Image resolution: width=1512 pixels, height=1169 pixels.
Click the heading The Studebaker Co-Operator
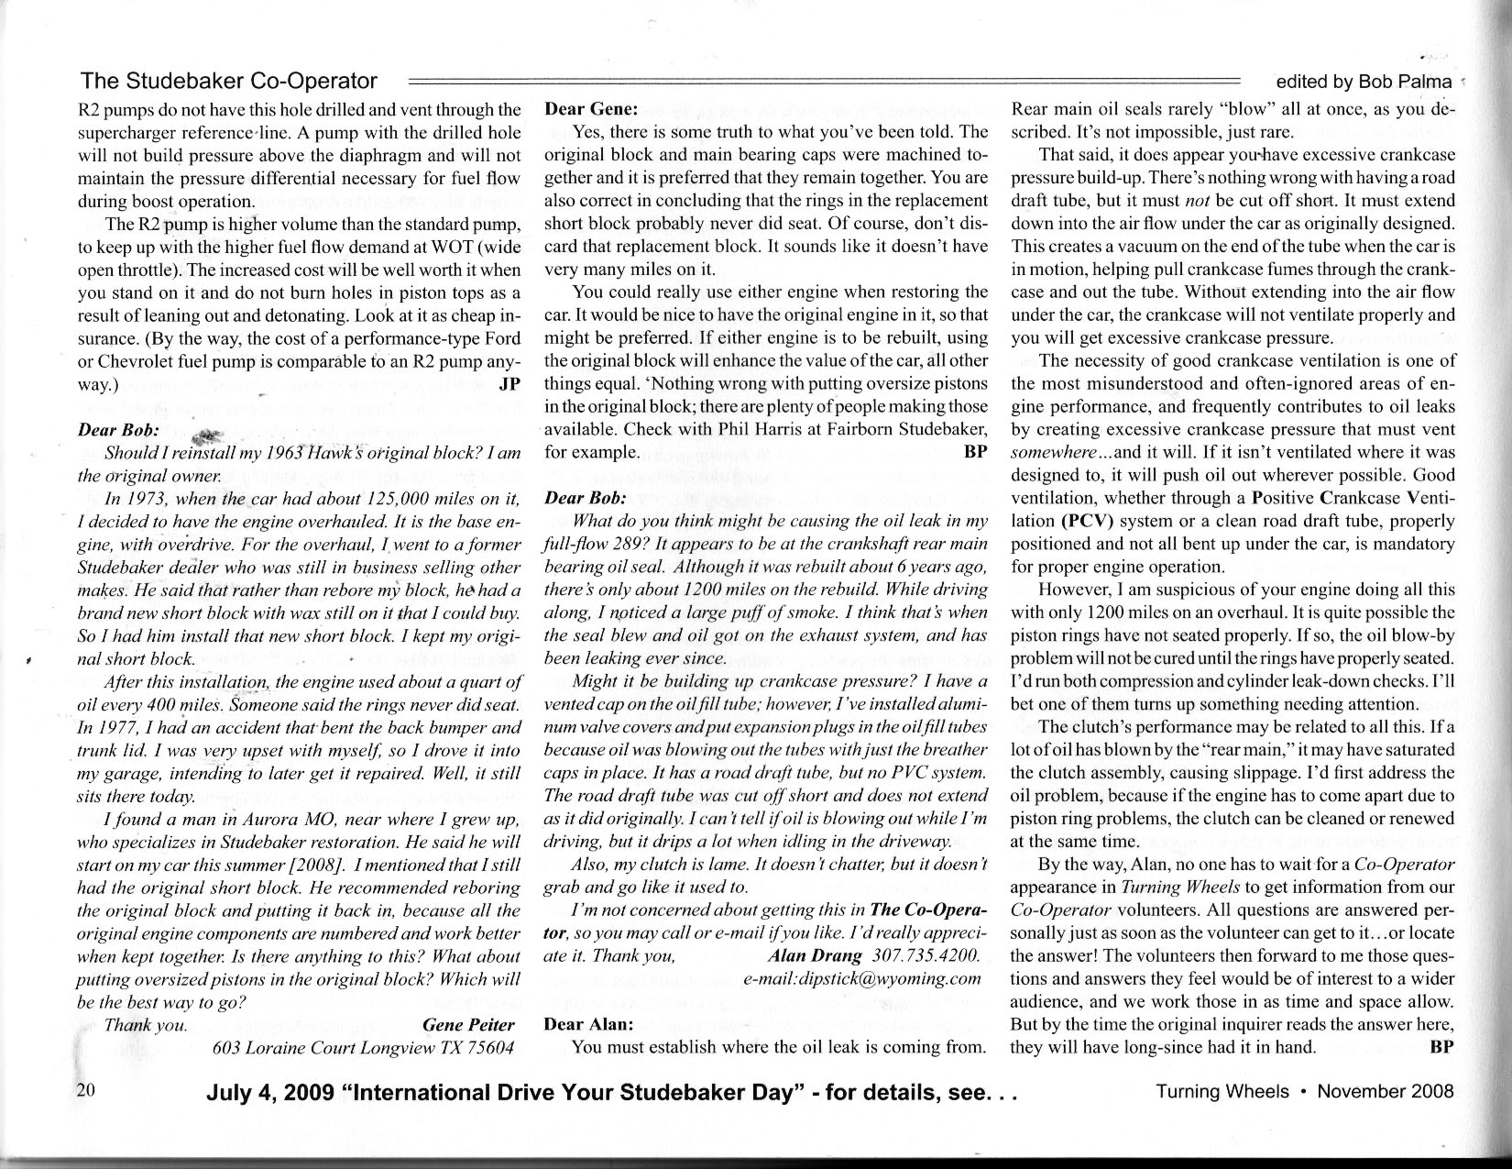[229, 81]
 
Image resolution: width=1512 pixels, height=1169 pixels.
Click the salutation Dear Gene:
[586, 109]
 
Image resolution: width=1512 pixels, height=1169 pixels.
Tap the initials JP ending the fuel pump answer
[508, 384]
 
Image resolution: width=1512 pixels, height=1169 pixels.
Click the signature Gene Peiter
[468, 1024]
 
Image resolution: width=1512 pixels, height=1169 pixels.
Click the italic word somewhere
[1054, 453]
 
